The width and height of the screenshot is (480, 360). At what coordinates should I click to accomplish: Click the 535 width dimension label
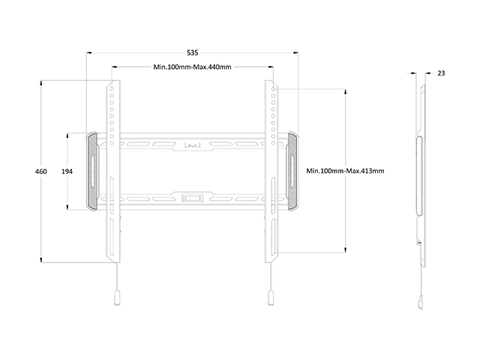tap(193, 53)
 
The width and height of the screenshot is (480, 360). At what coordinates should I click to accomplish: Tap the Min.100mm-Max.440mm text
tap(192, 67)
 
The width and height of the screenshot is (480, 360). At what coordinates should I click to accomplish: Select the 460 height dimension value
tap(41, 172)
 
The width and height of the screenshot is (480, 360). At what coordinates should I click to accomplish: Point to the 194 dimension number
tap(67, 172)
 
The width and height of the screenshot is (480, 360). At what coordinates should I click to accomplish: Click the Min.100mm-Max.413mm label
tap(345, 171)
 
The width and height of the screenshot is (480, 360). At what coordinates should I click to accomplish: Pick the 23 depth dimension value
tap(441, 73)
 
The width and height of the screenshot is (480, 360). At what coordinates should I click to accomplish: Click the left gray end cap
tap(92, 172)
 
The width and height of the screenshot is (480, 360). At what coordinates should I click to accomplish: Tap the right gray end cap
tap(292, 172)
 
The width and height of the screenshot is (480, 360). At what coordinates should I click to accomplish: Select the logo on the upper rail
tap(192, 145)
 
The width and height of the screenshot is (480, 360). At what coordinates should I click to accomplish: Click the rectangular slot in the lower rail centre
tap(193, 198)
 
